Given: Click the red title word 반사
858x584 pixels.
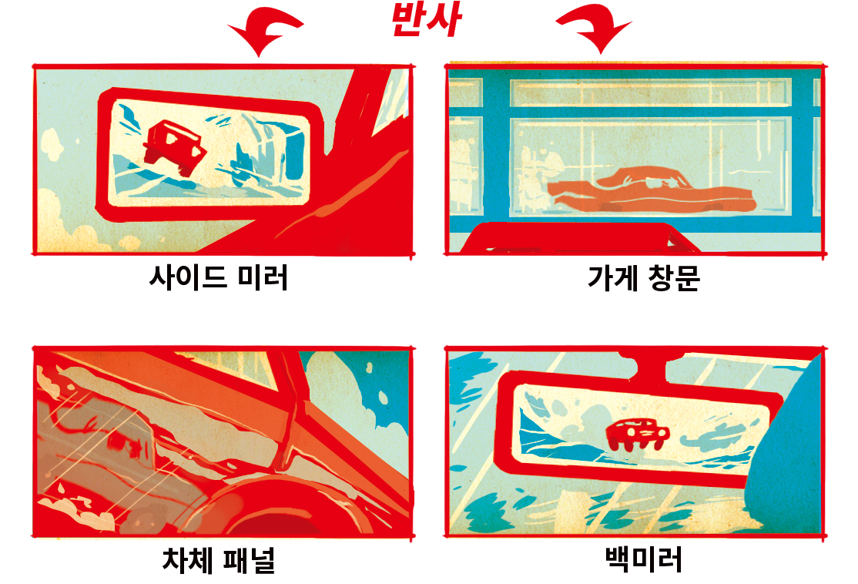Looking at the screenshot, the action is point(426,20).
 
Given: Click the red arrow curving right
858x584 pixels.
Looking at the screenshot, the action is point(595,30).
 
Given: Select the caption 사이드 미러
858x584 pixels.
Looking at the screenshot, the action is point(218,277).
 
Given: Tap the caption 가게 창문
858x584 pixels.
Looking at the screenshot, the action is point(644,277).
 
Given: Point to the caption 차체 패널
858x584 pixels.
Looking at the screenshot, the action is point(218,560).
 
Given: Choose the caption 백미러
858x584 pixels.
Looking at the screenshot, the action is point(644,559).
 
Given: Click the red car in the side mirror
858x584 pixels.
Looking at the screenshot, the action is point(174,146).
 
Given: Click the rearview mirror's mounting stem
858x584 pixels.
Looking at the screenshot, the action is point(649,368).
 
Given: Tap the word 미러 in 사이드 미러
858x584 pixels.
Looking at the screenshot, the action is point(263,277).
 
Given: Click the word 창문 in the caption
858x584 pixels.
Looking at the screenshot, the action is point(674,277).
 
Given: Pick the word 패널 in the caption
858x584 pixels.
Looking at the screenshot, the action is point(250,560).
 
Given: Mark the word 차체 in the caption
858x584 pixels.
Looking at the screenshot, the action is point(187,560).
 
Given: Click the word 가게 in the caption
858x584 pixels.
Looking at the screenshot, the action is point(612,277).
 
